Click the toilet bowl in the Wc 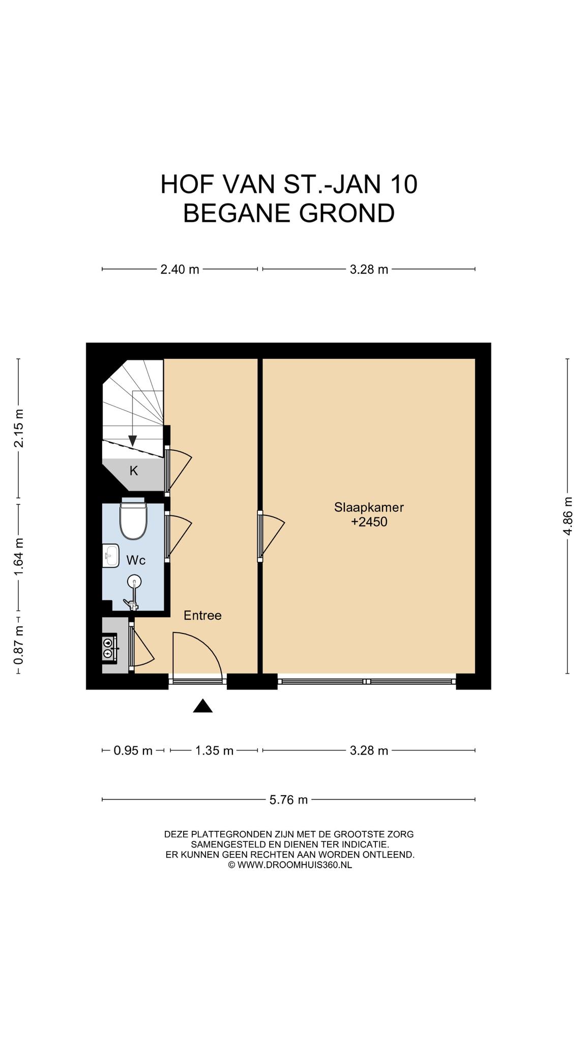pyautogui.click(x=133, y=518)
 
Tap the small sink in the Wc pyautogui.click(x=110, y=556)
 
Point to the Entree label pyautogui.click(x=202, y=616)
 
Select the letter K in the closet pyautogui.click(x=134, y=471)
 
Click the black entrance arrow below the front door pyautogui.click(x=202, y=706)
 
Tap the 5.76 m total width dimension pyautogui.click(x=288, y=800)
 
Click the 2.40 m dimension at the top pyautogui.click(x=180, y=269)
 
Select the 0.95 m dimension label pyautogui.click(x=133, y=750)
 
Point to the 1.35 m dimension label pyautogui.click(x=214, y=750)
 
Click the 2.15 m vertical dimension pyautogui.click(x=19, y=428)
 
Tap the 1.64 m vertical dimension pyautogui.click(x=19, y=558)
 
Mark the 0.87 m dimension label pyautogui.click(x=19, y=645)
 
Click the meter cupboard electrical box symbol pyautogui.click(x=109, y=648)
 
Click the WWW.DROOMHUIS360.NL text pyautogui.click(x=295, y=864)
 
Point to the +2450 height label pyautogui.click(x=369, y=522)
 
